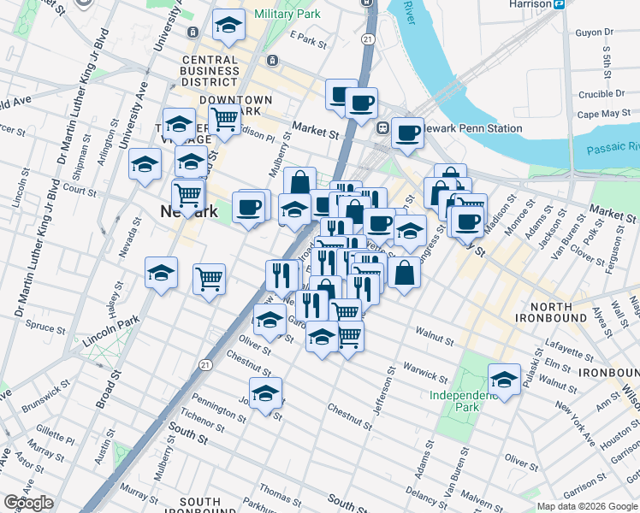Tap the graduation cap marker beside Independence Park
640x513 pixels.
pyautogui.click(x=504, y=380)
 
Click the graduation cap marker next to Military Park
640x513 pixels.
pyautogui.click(x=229, y=27)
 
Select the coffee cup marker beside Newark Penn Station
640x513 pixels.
pyautogui.click(x=407, y=133)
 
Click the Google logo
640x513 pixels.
pyautogui.click(x=29, y=502)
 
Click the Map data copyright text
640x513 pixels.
pyautogui.click(x=586, y=505)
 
